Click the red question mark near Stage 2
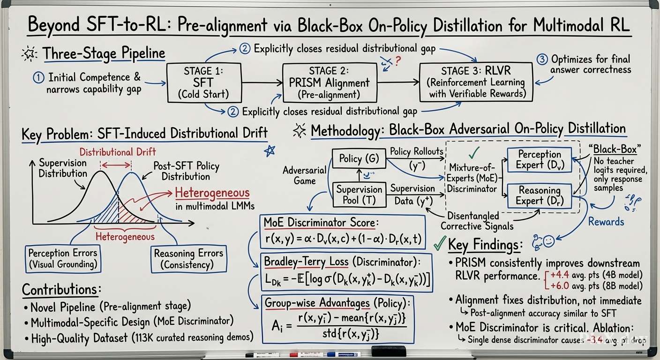click(x=398, y=61)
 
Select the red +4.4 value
click(x=560, y=275)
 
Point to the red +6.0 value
click(x=560, y=286)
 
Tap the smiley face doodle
click(x=548, y=241)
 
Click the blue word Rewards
click(x=606, y=222)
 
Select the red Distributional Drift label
click(x=118, y=152)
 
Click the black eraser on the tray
click(x=389, y=352)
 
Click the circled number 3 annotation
click(x=542, y=59)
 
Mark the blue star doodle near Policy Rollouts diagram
click(x=270, y=151)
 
